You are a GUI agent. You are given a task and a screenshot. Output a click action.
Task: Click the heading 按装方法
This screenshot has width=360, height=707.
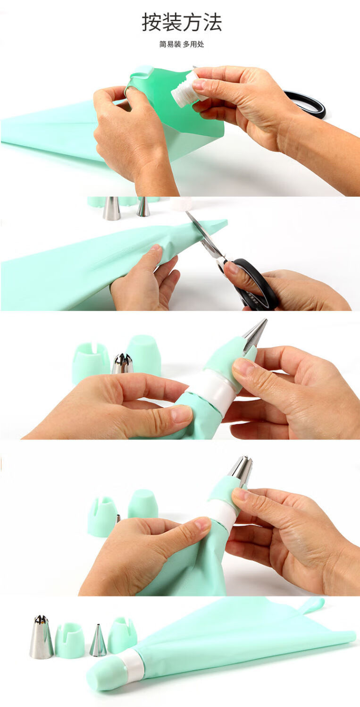(182, 22)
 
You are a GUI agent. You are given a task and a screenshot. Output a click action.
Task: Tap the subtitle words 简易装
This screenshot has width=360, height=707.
(170, 44)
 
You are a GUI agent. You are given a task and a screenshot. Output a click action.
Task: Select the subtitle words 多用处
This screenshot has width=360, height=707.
(193, 44)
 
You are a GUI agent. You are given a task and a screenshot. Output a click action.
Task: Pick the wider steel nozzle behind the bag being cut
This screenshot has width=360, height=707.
(112, 208)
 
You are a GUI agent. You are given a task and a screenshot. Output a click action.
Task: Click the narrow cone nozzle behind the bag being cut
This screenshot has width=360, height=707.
(143, 207)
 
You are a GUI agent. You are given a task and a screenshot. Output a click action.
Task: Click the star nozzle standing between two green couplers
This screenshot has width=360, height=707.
(122, 363)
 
